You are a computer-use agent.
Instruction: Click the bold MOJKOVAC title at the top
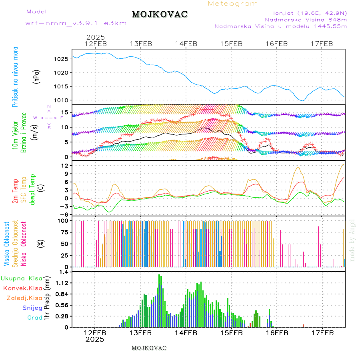coord(160,14)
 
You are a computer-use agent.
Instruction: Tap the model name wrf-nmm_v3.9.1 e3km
coord(76,23)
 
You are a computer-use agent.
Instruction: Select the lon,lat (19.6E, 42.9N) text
coord(310,13)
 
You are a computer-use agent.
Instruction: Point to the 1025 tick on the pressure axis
coord(60,59)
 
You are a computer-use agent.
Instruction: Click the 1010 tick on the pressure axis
coord(60,100)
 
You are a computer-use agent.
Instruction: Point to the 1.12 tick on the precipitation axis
coord(62,283)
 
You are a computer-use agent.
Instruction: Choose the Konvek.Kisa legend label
coord(23,288)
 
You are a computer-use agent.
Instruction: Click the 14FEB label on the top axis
coord(186,44)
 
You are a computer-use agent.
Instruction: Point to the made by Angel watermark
coord(352,240)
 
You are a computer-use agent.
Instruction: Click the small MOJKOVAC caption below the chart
coord(149,348)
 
